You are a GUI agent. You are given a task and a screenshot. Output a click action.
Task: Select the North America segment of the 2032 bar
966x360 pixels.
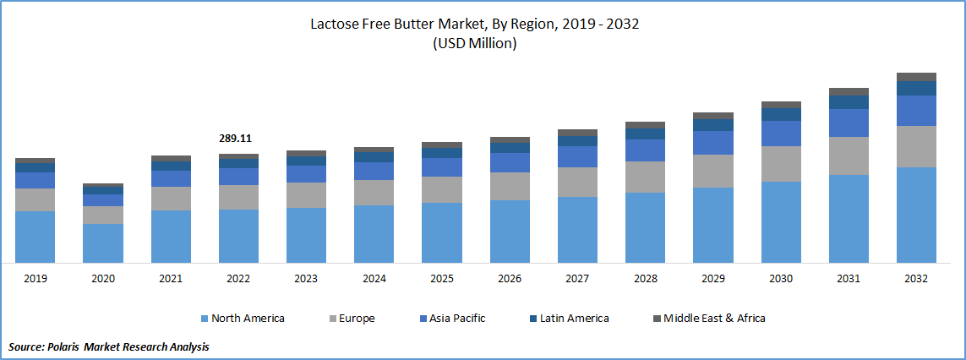(916, 215)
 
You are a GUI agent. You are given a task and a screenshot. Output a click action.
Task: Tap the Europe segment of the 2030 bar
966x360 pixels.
(780, 164)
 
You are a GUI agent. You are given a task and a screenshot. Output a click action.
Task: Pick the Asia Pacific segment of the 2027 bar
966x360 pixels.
(577, 157)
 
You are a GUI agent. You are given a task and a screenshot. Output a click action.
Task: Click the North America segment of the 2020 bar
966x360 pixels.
(103, 243)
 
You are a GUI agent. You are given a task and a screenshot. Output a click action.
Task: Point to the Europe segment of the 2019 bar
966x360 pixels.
(35, 199)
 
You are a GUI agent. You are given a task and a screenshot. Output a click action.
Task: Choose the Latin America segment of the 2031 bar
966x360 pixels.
(849, 102)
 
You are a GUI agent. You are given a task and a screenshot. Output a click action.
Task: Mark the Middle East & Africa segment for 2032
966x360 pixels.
(916, 77)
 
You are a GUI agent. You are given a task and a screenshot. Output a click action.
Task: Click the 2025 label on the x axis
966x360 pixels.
(441, 278)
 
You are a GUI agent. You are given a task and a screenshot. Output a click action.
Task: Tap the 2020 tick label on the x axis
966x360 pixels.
(103, 278)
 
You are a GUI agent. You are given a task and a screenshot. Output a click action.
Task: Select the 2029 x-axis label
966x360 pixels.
(712, 278)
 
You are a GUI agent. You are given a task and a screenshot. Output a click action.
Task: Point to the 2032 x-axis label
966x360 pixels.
(916, 278)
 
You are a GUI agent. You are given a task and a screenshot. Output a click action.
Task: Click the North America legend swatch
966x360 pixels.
(204, 319)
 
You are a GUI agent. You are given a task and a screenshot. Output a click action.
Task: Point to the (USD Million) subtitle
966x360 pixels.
(474, 44)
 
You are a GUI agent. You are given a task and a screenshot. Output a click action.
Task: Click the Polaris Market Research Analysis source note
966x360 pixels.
(109, 346)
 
